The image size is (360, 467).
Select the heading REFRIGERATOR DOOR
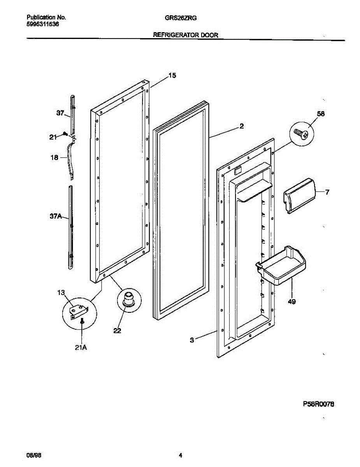coord(186,35)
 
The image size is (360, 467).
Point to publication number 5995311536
coord(43,24)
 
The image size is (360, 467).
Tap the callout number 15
coord(172,75)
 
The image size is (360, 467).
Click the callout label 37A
coord(56,217)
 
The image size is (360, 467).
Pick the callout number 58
coord(320,114)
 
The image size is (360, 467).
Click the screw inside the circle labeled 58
coord(302,133)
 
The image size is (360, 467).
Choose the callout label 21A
coord(81,348)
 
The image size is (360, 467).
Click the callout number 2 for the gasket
coord(242,126)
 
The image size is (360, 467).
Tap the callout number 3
coord(192,340)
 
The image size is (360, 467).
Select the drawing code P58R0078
coord(318,404)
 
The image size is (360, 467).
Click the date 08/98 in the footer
coord(33,455)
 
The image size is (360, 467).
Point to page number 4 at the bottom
coord(181,455)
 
